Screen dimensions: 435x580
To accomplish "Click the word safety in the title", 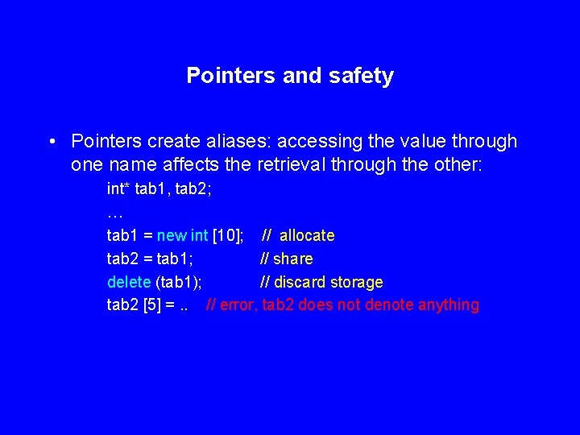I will pyautogui.click(x=361, y=76).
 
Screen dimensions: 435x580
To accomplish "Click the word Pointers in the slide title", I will pyautogui.click(x=231, y=76).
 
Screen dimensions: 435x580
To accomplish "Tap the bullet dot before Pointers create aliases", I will pyautogui.click(x=51, y=142).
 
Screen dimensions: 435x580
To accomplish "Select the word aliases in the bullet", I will pyautogui.click(x=238, y=142).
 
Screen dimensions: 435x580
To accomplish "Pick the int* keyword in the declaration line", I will pyautogui.click(x=119, y=190).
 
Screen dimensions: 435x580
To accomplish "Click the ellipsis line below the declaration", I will pyautogui.click(x=114, y=213).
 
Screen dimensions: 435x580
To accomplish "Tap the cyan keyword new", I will pyautogui.click(x=172, y=236).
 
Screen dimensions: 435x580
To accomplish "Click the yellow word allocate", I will pyautogui.click(x=307, y=236).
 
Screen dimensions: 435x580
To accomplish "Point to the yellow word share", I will pyautogui.click(x=293, y=259).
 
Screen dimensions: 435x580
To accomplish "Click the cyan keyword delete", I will pyautogui.click(x=129, y=282).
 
